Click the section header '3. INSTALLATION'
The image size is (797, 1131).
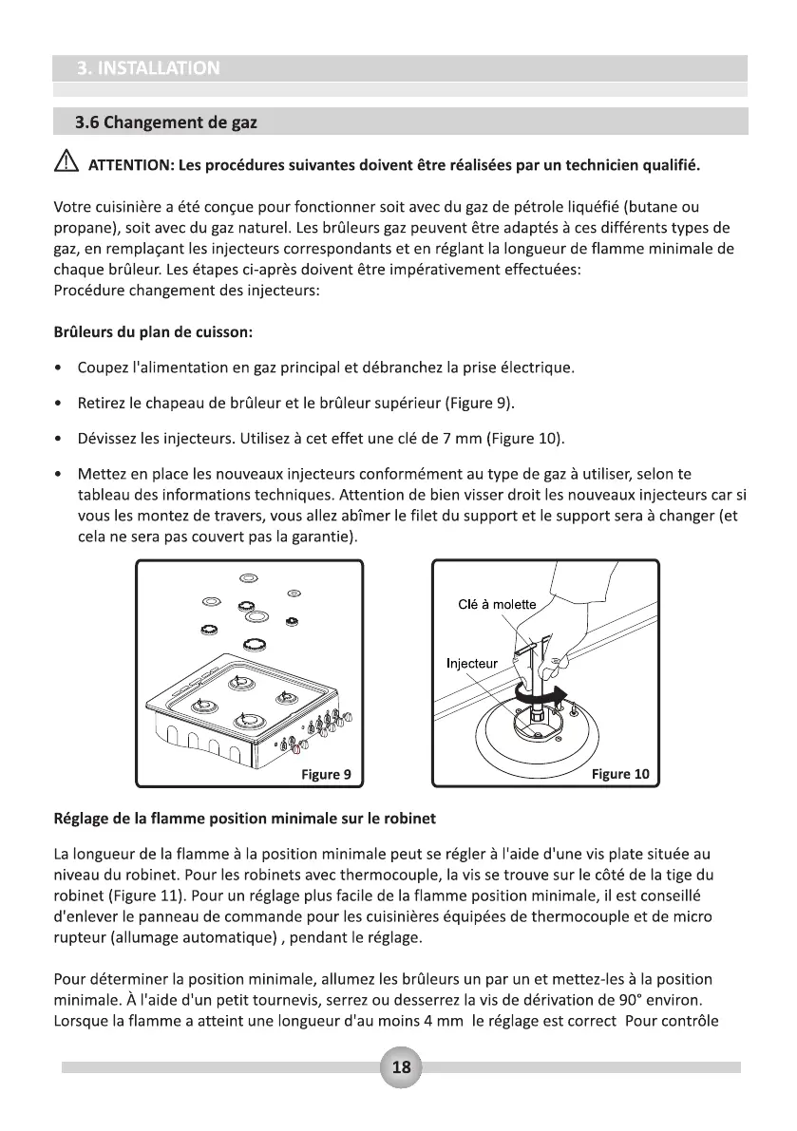click(x=147, y=68)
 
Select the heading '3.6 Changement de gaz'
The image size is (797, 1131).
click(x=166, y=123)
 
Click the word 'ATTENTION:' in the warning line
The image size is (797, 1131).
click(x=130, y=167)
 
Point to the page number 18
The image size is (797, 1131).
click(x=401, y=1066)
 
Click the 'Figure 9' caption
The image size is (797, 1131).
click(x=326, y=774)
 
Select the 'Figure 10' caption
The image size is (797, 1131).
click(x=620, y=774)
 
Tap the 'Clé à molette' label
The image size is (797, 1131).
click(x=497, y=605)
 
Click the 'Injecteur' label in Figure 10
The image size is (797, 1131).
click(x=472, y=663)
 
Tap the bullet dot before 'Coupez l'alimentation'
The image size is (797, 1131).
click(x=61, y=368)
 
